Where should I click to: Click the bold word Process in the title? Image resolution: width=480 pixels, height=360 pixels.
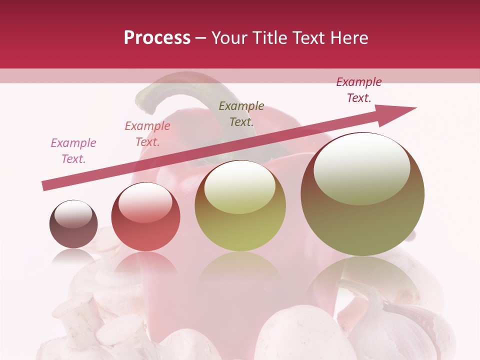[157, 38]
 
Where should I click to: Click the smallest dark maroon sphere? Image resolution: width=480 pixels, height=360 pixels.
[73, 224]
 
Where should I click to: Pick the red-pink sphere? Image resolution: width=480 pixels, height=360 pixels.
[145, 216]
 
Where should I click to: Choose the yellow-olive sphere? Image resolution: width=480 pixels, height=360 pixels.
[240, 205]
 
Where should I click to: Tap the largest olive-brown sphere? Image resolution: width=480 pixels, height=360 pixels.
[362, 194]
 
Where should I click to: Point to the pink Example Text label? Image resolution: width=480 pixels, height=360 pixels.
[73, 150]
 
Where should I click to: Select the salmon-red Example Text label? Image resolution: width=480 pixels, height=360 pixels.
[147, 133]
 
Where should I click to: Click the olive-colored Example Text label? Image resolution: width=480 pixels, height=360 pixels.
[241, 113]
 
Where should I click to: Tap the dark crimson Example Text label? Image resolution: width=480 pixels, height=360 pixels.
[358, 90]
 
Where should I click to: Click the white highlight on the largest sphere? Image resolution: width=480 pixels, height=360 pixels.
[361, 167]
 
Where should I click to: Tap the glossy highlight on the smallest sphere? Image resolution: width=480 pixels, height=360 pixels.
[73, 214]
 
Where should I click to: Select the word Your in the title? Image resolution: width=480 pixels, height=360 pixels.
[230, 38]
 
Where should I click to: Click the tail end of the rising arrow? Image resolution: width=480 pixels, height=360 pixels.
[45, 185]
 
